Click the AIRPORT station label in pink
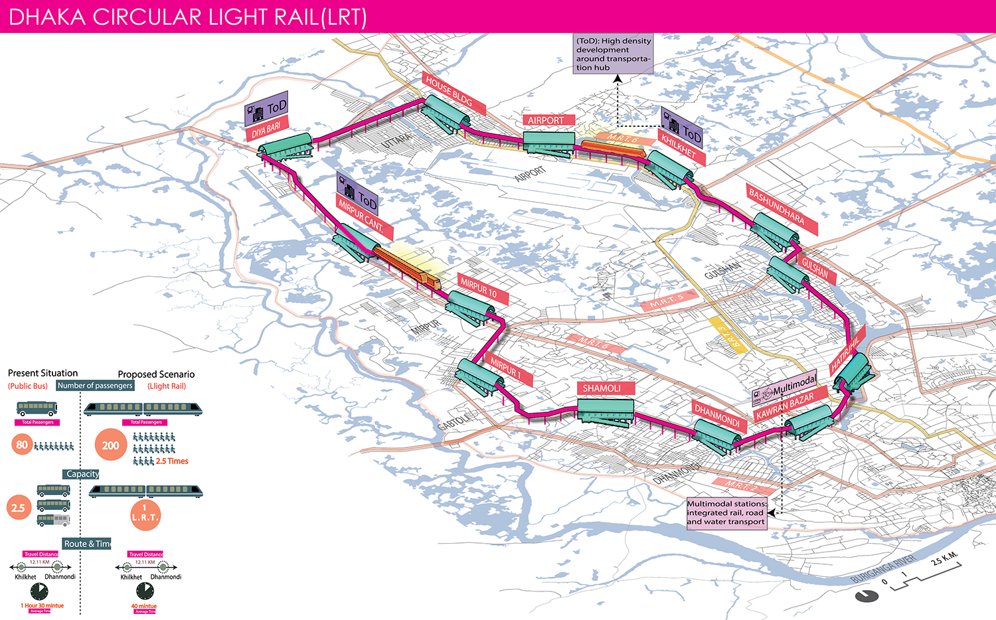546,120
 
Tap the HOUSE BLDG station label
454,94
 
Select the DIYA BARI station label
267,129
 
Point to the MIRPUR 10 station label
479,289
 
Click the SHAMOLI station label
602,388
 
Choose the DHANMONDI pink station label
717,416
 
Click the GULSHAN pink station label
815,268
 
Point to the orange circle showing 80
22,445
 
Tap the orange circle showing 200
110,445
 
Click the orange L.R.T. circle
145,515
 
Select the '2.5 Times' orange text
172,461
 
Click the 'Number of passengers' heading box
95,386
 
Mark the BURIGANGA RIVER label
883,568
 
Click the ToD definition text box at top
613,54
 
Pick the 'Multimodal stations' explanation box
726,512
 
